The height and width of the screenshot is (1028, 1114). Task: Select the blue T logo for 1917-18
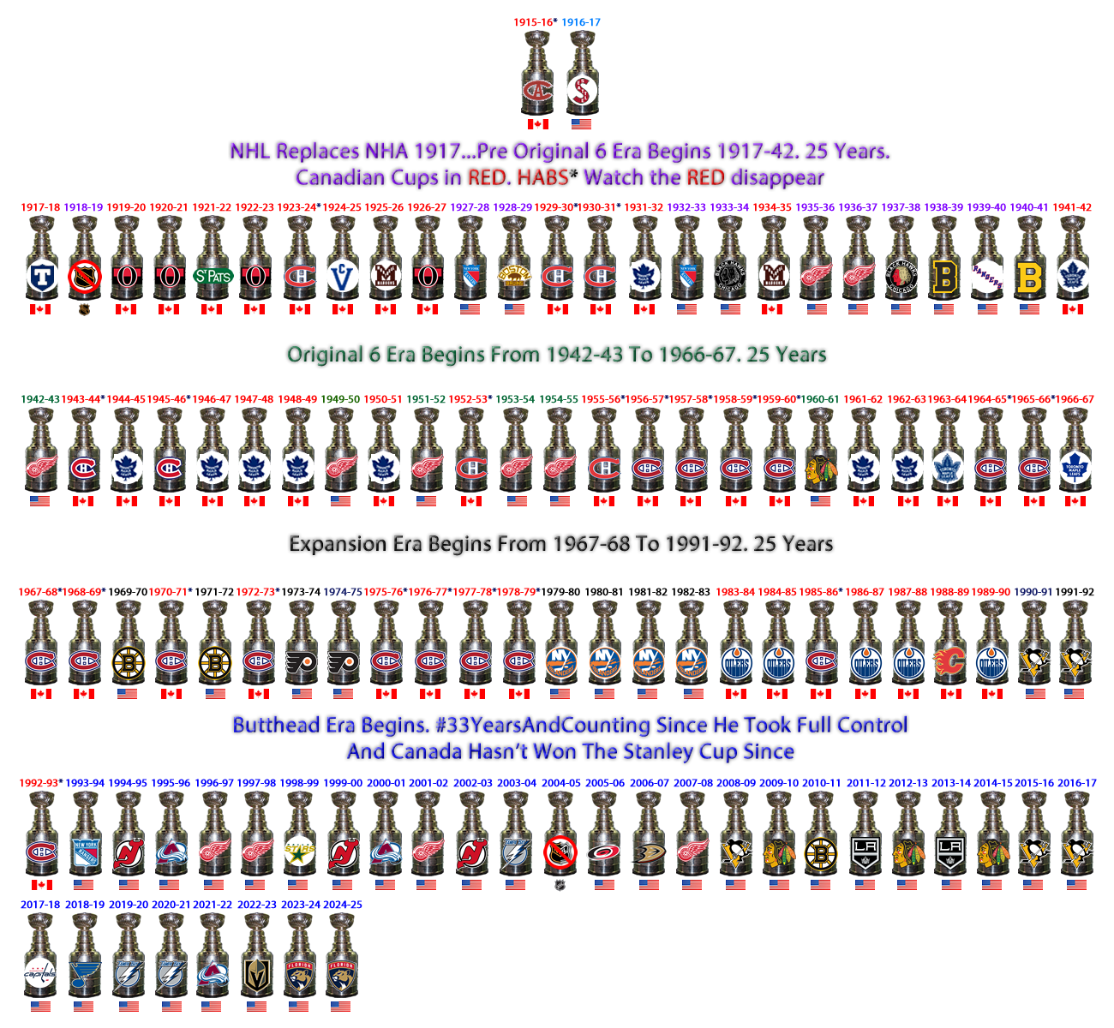40,276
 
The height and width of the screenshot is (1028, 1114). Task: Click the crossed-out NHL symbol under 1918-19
85,276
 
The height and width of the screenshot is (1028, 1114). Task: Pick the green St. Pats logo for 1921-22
213,276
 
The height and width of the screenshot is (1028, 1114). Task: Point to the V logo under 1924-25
343,276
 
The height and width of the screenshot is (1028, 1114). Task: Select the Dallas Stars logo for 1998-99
299,852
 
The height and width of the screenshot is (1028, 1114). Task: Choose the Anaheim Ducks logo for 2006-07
648,852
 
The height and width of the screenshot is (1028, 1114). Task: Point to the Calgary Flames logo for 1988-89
949,661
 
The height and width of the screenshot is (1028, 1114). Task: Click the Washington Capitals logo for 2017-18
39,974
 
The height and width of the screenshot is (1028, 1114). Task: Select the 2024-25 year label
343,905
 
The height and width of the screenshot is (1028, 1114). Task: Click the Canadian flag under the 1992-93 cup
40,885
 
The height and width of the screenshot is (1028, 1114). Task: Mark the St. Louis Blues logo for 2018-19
85,974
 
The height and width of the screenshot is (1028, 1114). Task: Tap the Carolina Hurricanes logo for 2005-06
603,852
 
